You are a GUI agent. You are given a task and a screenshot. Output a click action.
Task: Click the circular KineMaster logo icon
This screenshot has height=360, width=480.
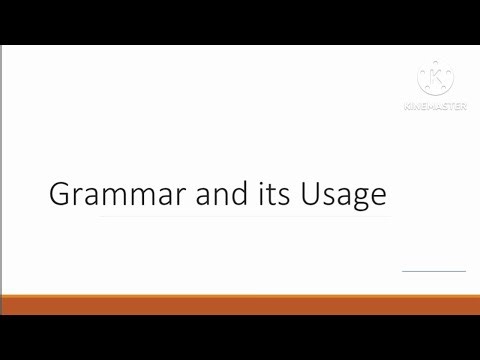[434, 80]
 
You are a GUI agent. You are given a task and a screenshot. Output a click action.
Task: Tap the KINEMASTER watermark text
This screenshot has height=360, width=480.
[434, 106]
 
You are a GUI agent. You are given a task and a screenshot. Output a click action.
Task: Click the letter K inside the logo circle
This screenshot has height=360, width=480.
[434, 80]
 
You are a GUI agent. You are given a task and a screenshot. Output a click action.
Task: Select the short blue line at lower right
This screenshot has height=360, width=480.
[433, 270]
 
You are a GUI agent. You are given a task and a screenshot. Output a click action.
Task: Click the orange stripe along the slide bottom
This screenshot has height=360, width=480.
[240, 304]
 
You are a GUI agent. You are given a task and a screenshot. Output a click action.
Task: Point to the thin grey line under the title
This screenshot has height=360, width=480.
[240, 216]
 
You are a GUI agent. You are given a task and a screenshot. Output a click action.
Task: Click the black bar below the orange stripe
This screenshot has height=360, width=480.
[240, 337]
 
